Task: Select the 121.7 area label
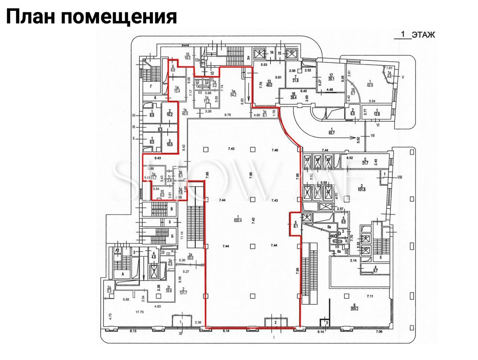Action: (183, 291)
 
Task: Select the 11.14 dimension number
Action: (181, 235)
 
